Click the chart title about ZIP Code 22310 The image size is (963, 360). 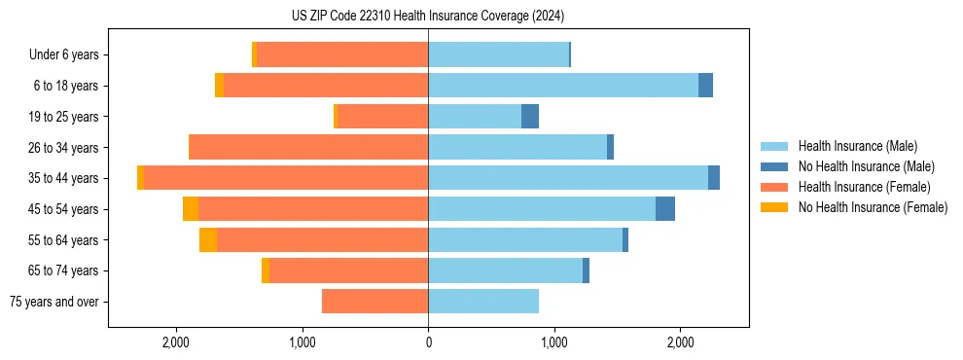tap(428, 17)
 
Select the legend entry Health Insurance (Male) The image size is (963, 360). tap(857, 146)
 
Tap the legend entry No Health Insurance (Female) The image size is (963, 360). tap(873, 207)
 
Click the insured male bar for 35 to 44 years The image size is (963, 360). tap(568, 178)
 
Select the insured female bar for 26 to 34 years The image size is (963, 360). tap(308, 147)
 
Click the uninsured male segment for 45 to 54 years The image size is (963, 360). tap(665, 209)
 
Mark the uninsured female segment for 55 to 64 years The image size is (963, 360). tap(208, 240)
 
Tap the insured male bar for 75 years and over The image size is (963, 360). tap(483, 302)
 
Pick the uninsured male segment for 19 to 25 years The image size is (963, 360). tap(530, 117)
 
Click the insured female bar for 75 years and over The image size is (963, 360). tap(374, 302)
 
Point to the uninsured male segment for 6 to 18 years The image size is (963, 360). tap(705, 86)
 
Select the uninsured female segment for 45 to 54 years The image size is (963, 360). tap(191, 209)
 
